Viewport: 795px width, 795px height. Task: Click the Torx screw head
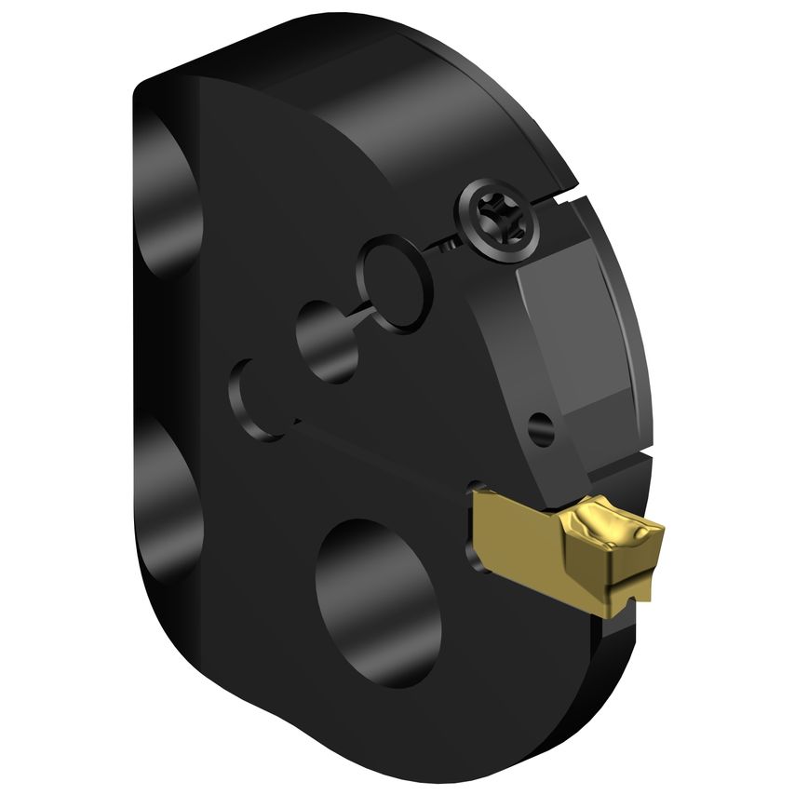coord(499,218)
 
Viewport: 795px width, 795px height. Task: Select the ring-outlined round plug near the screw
coord(395,280)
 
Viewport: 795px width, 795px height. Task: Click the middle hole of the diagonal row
coord(325,340)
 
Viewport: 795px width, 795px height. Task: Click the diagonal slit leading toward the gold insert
coord(391,455)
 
